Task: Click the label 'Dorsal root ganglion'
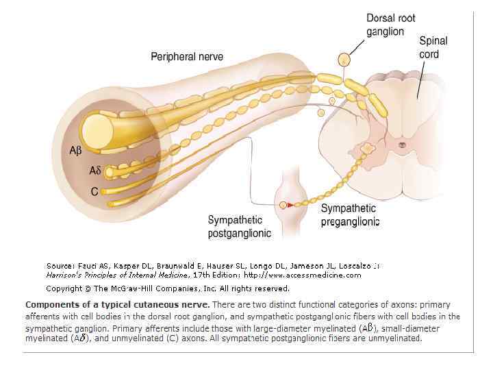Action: point(390,25)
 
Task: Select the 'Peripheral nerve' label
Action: point(187,56)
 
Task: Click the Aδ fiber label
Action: point(95,171)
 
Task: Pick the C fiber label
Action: point(94,192)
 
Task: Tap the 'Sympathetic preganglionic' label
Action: point(349,214)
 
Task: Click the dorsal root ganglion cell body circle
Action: point(345,60)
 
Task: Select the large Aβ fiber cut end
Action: point(97,128)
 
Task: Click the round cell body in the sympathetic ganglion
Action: point(283,204)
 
